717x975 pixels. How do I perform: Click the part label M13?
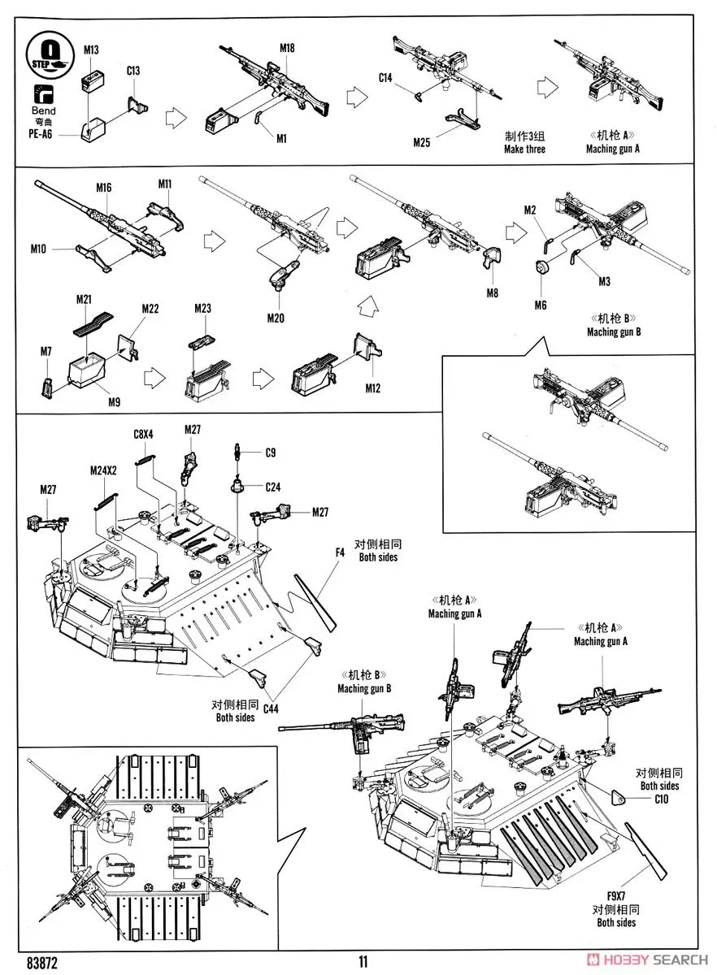[x=92, y=50]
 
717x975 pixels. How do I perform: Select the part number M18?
[x=287, y=48]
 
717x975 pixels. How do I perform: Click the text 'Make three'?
[x=524, y=149]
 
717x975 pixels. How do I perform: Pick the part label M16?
[x=103, y=188]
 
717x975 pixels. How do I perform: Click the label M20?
[x=276, y=318]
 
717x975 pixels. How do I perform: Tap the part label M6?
[x=541, y=305]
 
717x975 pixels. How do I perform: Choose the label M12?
[x=372, y=388]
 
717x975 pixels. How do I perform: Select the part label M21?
[x=85, y=300]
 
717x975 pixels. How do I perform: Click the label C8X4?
[x=143, y=435]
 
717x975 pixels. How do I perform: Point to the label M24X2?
[x=105, y=470]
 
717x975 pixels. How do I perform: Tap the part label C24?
[x=274, y=487]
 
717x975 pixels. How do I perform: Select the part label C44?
[x=270, y=708]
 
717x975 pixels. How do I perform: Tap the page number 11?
[x=363, y=961]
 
